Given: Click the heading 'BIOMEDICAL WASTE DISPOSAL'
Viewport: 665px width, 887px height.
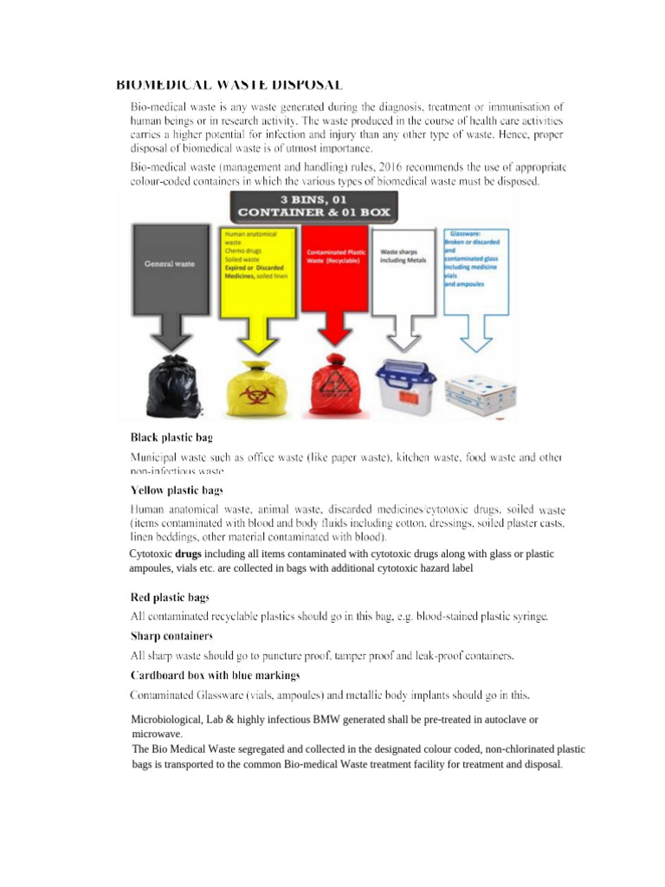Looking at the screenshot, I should point(229,84).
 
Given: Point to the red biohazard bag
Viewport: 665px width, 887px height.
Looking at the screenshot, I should point(333,387).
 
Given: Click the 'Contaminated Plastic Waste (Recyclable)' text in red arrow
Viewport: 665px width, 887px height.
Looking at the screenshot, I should point(335,257).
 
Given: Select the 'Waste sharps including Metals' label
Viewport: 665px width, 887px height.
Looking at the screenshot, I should point(404,257).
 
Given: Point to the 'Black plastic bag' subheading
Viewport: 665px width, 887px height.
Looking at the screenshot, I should point(171,437).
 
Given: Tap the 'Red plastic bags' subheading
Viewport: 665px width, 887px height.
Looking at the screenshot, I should point(170,598).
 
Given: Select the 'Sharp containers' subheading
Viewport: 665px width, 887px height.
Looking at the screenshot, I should point(171,636).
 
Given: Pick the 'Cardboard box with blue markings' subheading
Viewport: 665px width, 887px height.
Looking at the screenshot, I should point(216,674).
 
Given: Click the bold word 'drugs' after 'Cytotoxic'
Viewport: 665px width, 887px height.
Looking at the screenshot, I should point(189,554).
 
